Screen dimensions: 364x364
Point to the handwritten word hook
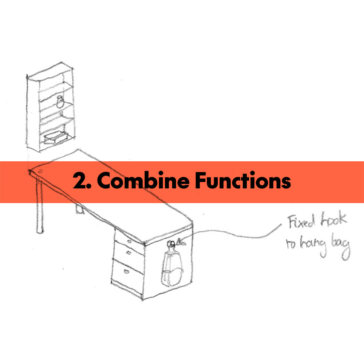click(x=333, y=221)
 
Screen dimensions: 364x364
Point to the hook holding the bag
click(x=171, y=245)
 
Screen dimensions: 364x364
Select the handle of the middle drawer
click(x=128, y=252)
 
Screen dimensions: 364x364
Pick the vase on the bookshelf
click(x=59, y=101)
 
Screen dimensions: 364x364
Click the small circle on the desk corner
click(x=40, y=171)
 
